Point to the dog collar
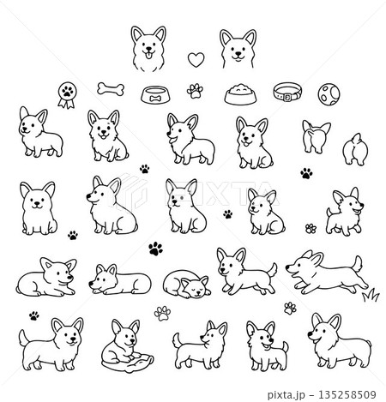pyautogui.click(x=286, y=92)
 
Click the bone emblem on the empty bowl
pyautogui.click(x=154, y=99)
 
